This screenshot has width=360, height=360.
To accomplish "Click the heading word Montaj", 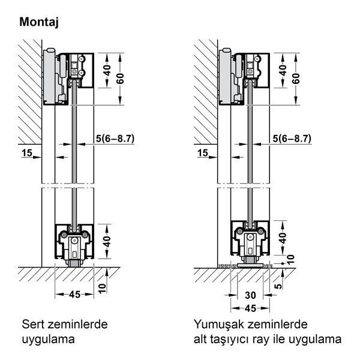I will [43, 23].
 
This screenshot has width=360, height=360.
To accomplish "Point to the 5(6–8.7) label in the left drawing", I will [114, 138].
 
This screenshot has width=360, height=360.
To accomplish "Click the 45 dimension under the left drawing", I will [74, 294].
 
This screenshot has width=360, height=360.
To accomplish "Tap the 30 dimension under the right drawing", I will [251, 295].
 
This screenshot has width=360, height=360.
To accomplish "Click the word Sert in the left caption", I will [32, 325].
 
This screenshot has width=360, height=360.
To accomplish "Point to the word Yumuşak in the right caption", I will [217, 325].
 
